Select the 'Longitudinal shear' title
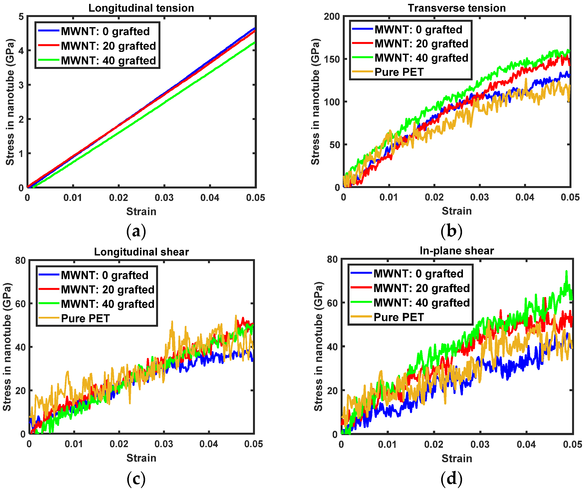[x=141, y=252]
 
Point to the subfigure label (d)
[x=451, y=479]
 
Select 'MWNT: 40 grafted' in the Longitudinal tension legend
[x=108, y=61]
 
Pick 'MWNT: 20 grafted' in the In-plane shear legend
[x=422, y=288]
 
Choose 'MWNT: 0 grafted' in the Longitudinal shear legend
[x=104, y=275]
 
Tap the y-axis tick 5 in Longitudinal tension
[x=21, y=17]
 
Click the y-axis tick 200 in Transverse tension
[x=332, y=17]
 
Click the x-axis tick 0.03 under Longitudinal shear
[x=164, y=443]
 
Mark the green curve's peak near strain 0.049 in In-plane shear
[x=566, y=271]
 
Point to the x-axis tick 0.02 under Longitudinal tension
[x=118, y=198]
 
